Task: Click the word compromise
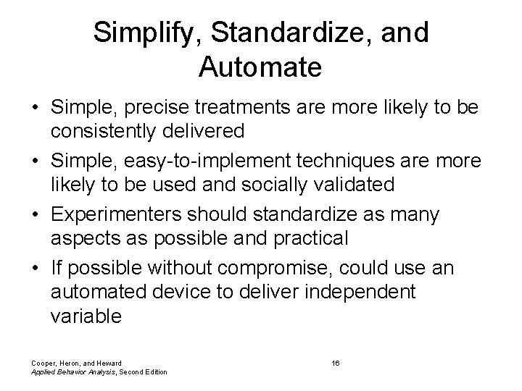click(x=281, y=268)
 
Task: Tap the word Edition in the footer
click(x=154, y=371)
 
